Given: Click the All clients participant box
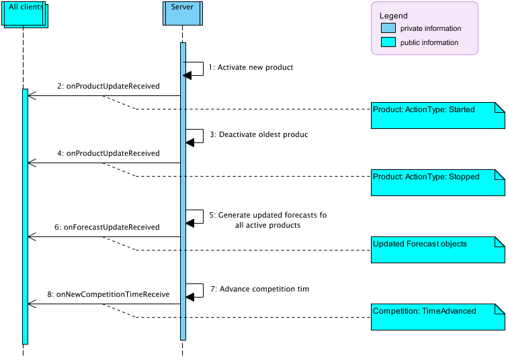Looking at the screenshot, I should pyautogui.click(x=24, y=14).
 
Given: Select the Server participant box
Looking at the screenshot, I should pyautogui.click(x=182, y=13).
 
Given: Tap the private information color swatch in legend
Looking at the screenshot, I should pyautogui.click(x=388, y=28).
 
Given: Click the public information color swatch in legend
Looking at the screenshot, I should pyautogui.click(x=388, y=42).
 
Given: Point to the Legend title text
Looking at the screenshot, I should pyautogui.click(x=393, y=15).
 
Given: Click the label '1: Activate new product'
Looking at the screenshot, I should pyautogui.click(x=251, y=68).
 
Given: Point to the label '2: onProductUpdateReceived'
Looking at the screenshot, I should pyautogui.click(x=108, y=86).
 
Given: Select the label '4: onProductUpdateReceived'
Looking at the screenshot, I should pyautogui.click(x=108, y=153).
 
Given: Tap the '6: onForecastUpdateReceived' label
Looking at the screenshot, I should pyautogui.click(x=108, y=227).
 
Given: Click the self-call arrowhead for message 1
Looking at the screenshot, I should pyautogui.click(x=189, y=75).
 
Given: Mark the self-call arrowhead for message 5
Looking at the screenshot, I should pyautogui.click(x=189, y=223).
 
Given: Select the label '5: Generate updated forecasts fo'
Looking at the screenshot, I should pyautogui.click(x=267, y=215).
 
